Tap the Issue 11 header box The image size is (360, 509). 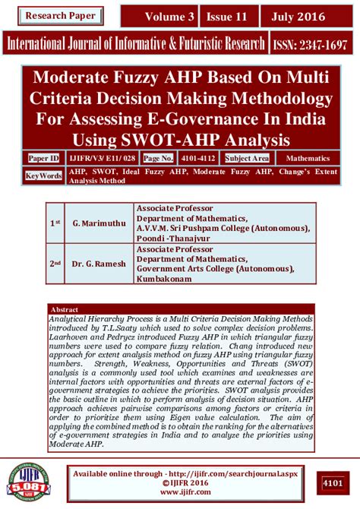(226, 16)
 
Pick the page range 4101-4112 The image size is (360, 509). (199, 158)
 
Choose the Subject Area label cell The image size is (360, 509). (247, 158)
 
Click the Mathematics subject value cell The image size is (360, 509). (308, 158)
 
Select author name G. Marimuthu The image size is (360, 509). (96, 223)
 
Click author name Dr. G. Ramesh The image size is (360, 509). (96, 264)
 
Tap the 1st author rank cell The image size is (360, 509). (55, 223)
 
